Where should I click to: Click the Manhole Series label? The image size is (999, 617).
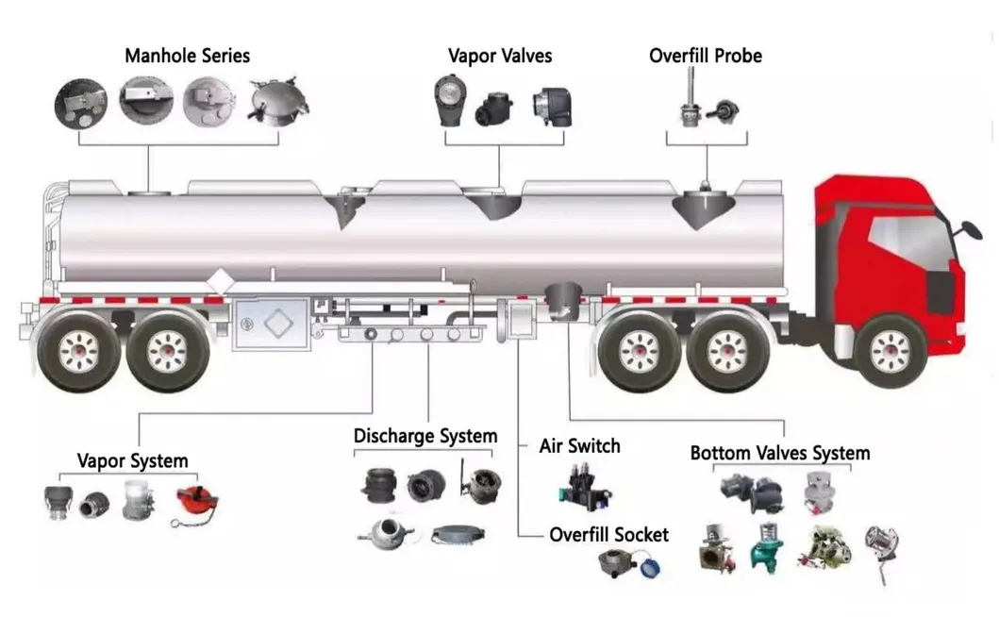click(x=187, y=56)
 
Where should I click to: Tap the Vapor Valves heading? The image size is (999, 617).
click(x=500, y=56)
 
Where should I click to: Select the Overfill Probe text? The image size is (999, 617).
click(x=705, y=56)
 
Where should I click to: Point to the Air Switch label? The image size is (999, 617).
click(x=579, y=445)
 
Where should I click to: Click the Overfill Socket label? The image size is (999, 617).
click(x=608, y=535)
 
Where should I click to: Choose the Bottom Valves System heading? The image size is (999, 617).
click(x=779, y=453)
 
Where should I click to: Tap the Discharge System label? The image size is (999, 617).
click(x=425, y=437)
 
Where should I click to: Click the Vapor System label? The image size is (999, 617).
click(x=132, y=461)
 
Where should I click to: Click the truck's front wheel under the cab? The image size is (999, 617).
click(x=890, y=351)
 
